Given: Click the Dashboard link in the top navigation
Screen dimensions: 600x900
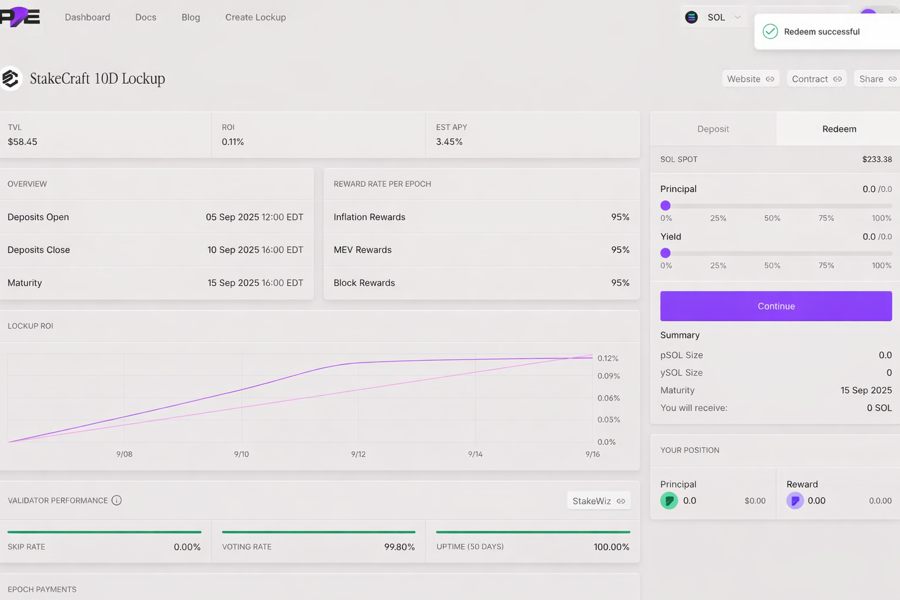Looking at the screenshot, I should point(87,18).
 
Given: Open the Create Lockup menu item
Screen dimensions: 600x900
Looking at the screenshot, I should point(255,18).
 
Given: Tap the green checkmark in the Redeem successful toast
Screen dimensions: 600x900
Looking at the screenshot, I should point(770,32).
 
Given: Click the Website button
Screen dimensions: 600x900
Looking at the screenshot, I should point(750,79).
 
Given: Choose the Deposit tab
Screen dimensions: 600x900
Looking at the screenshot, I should point(713,129).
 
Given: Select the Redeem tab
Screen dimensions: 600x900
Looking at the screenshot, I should point(839,129).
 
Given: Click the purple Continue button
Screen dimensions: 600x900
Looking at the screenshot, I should point(776,306).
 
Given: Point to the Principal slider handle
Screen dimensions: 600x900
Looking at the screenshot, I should point(665,206).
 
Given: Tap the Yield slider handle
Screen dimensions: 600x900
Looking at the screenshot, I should point(665,253).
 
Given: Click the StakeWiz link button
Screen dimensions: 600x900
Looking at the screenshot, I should point(598,501).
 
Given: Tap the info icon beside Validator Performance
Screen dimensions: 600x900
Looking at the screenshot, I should point(117,500).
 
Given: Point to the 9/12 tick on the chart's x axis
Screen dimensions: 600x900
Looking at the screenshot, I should point(358,454).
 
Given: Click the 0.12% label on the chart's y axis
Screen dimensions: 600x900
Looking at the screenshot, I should point(608,359).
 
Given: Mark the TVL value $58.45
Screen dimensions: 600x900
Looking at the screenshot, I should point(22,142).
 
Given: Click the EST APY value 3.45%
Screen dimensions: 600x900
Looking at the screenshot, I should point(449,142).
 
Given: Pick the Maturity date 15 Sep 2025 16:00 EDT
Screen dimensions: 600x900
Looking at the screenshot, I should point(255,283).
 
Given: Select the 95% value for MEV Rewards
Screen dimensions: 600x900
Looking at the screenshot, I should point(620,250).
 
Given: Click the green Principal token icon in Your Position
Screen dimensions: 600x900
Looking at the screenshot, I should point(669,501).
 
